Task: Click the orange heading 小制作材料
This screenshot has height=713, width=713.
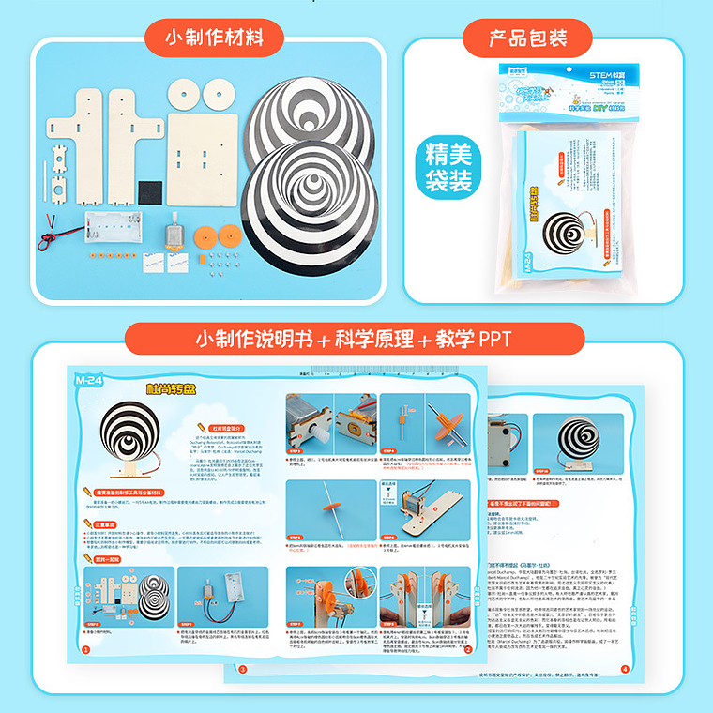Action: [212, 38]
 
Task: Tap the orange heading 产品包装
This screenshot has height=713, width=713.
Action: [528, 38]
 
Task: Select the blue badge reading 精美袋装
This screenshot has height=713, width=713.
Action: [447, 167]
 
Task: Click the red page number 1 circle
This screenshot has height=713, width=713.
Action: [85, 648]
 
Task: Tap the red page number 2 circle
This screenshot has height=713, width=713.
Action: [468, 648]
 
